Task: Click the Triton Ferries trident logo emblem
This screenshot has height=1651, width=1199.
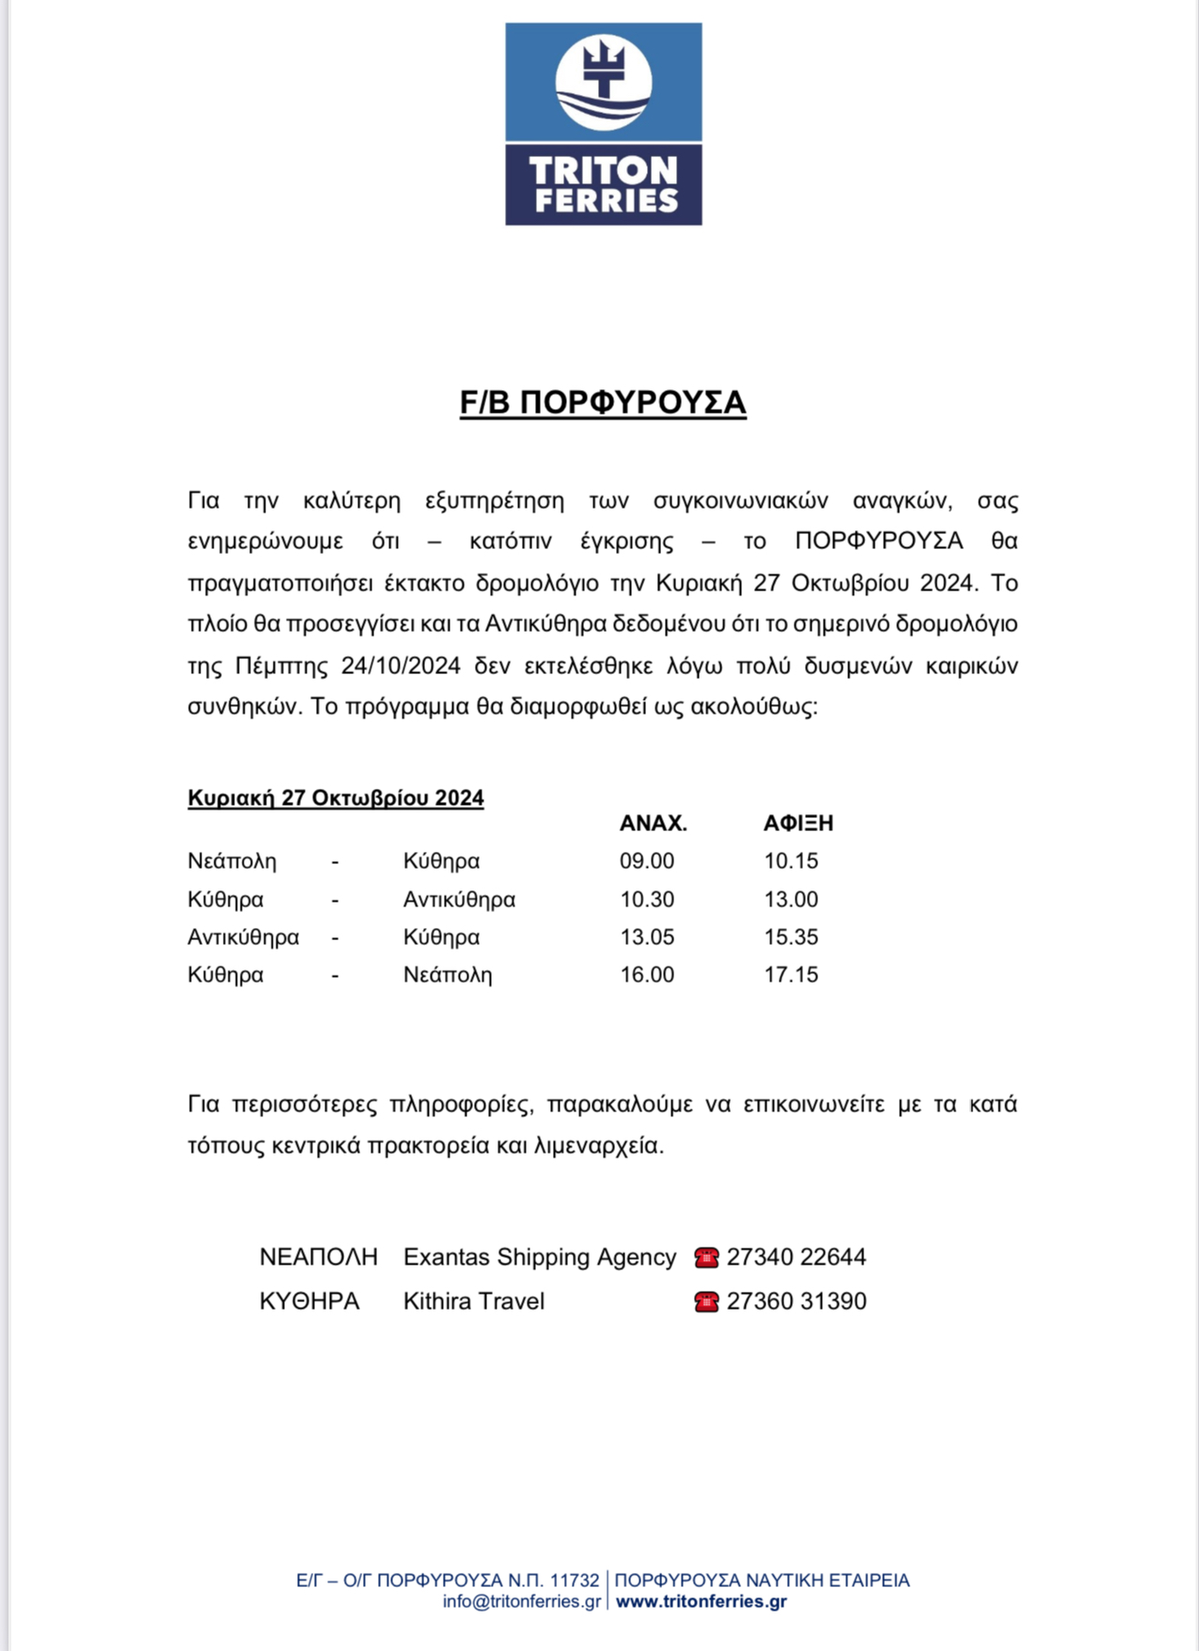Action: coord(603,82)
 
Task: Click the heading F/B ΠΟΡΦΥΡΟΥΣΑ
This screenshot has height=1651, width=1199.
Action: coord(603,402)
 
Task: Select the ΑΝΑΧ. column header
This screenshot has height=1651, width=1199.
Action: coord(653,824)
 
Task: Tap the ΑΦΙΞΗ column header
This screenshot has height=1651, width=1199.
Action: coord(797,824)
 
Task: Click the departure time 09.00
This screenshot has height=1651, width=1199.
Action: coord(647,861)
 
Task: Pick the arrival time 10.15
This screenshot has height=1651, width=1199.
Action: coord(791,861)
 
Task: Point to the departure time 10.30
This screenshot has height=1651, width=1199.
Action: coord(647,900)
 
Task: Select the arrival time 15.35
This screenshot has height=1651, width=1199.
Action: coord(791,937)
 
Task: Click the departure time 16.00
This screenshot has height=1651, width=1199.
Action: coord(647,975)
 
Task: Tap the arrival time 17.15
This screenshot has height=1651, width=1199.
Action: coord(791,975)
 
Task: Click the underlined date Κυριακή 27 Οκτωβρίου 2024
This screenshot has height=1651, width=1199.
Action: coord(336,798)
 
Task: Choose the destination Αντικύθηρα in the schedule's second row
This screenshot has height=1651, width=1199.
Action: coord(459,900)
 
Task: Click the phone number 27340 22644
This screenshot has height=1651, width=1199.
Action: coord(797,1257)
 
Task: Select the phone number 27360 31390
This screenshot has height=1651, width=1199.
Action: coord(797,1301)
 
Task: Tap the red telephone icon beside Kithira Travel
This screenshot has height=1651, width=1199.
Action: coord(706,1302)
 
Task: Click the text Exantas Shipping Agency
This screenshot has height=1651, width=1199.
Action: coord(540,1257)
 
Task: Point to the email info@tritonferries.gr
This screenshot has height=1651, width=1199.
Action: coord(522,1601)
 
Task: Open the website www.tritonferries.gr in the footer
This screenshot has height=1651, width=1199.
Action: coord(701,1601)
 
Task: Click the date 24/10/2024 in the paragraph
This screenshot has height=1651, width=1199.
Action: coord(401,667)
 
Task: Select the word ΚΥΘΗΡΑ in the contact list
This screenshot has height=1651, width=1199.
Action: coord(309,1301)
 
